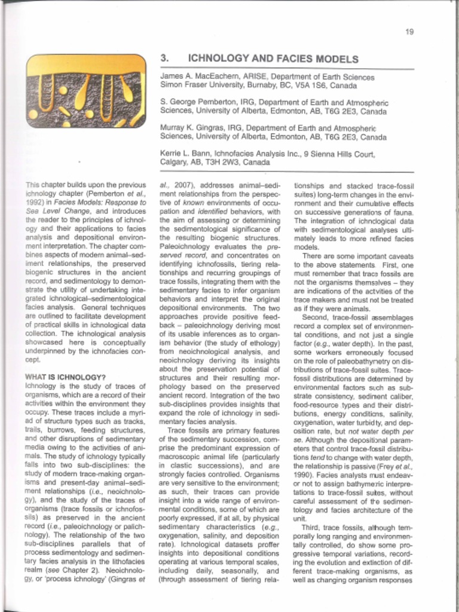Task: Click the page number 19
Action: coord(409,32)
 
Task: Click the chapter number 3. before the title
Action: coord(165,59)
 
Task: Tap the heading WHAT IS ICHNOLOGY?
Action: coord(66,377)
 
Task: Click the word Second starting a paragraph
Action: coord(315,317)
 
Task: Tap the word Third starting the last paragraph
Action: coord(313,528)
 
